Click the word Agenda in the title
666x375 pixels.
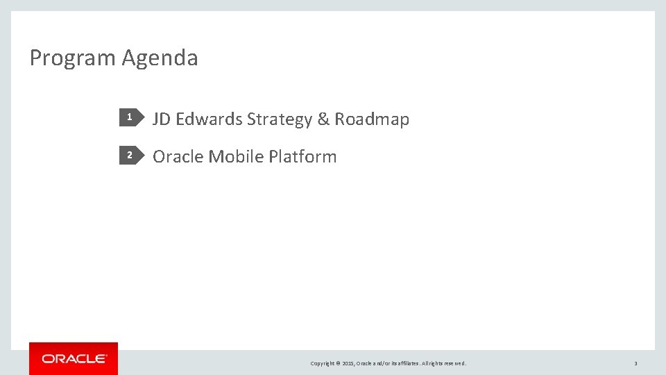pyautogui.click(x=160, y=58)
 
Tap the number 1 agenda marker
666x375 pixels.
pyautogui.click(x=129, y=119)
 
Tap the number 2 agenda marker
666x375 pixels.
pyautogui.click(x=129, y=156)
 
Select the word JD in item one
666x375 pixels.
pyautogui.click(x=162, y=119)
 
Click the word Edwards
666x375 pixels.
pyautogui.click(x=209, y=119)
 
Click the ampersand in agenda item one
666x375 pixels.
pyautogui.click(x=323, y=119)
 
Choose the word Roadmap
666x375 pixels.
pyautogui.click(x=372, y=119)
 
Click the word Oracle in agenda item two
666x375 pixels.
pyautogui.click(x=178, y=157)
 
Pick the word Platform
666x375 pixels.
pyautogui.click(x=302, y=157)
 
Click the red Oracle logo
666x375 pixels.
pyautogui.click(x=74, y=358)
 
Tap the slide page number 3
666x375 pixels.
pyautogui.click(x=635, y=363)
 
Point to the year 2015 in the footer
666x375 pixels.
pyautogui.click(x=348, y=363)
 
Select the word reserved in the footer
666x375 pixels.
pyautogui.click(x=455, y=363)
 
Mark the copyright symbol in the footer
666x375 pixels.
pyautogui.click(x=338, y=363)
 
